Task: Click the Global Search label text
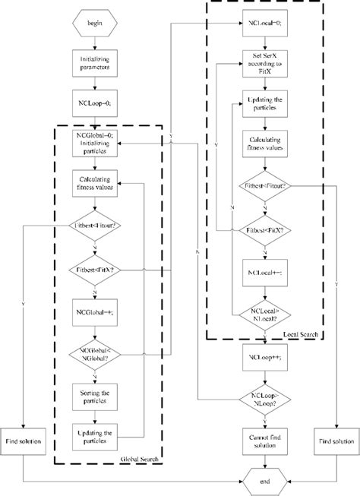point(137,460)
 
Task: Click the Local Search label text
point(302,333)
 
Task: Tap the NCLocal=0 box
point(263,25)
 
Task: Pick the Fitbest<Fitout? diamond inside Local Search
point(263,185)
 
